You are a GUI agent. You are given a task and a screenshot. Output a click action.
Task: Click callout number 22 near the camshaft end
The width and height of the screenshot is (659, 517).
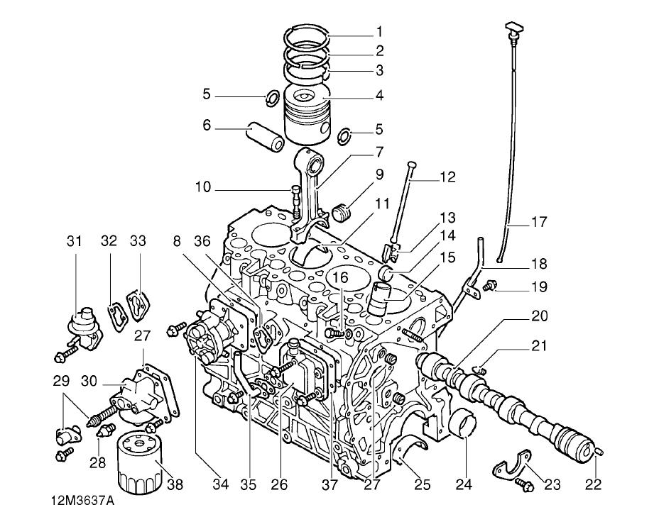[x=593, y=484]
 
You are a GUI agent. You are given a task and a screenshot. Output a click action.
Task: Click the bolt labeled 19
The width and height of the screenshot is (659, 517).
[x=489, y=287]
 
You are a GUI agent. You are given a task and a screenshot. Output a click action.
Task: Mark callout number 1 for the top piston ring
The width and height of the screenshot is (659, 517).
[x=379, y=31]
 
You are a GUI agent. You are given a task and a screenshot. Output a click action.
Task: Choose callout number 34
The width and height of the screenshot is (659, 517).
[x=221, y=484]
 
